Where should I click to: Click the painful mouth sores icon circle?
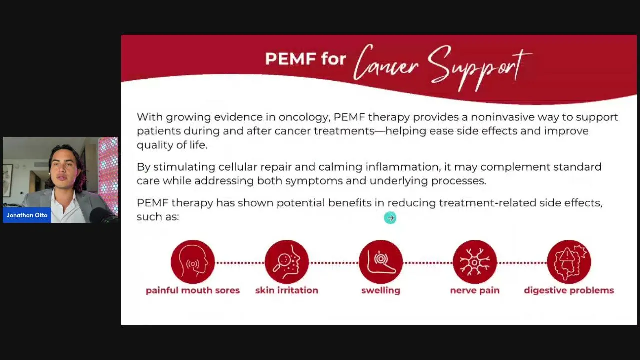[193, 262]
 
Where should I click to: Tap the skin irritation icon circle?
[287, 262]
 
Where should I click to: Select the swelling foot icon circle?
[381, 262]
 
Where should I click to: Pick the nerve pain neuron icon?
[475, 262]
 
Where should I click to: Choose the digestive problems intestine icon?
[569, 262]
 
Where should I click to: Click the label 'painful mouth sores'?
[193, 290]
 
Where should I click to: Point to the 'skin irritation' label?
[287, 290]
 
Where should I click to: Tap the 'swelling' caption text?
[381, 291]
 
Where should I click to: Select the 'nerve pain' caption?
[475, 291]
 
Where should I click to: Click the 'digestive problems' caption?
[569, 291]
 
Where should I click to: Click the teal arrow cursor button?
[390, 218]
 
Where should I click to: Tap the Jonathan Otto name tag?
[27, 215]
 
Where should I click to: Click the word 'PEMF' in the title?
[290, 59]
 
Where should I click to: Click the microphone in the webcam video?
[103, 215]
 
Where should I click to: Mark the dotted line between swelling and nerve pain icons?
[428, 263]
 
